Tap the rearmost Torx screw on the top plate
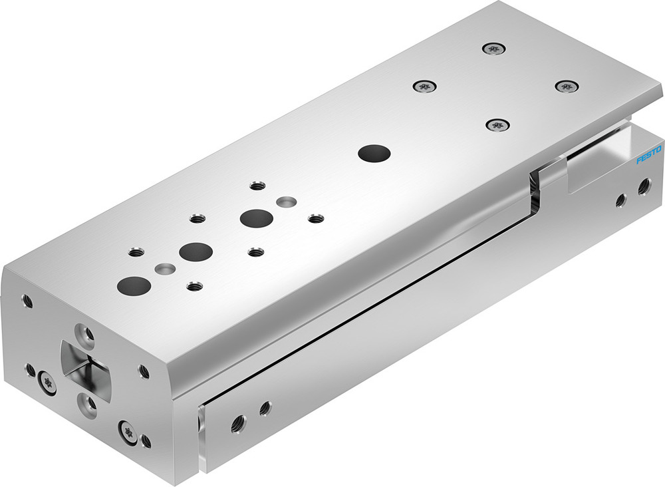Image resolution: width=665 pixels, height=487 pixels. click(x=491, y=48)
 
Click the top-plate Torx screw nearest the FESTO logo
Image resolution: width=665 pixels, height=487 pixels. click(x=565, y=86)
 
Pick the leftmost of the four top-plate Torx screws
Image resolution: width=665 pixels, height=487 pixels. click(x=424, y=86)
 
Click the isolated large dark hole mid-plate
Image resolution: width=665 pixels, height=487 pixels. click(x=374, y=153)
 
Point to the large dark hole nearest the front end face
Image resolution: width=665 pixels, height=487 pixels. click(x=134, y=285)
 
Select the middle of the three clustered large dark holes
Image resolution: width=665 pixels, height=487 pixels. click(x=196, y=251)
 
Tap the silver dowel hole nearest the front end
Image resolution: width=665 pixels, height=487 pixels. click(x=165, y=269)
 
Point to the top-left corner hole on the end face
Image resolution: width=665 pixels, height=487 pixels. click(x=27, y=301)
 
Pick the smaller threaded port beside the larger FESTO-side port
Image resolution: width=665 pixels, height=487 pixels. click(x=620, y=200)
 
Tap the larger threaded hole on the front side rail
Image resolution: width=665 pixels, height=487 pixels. click(x=238, y=422)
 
